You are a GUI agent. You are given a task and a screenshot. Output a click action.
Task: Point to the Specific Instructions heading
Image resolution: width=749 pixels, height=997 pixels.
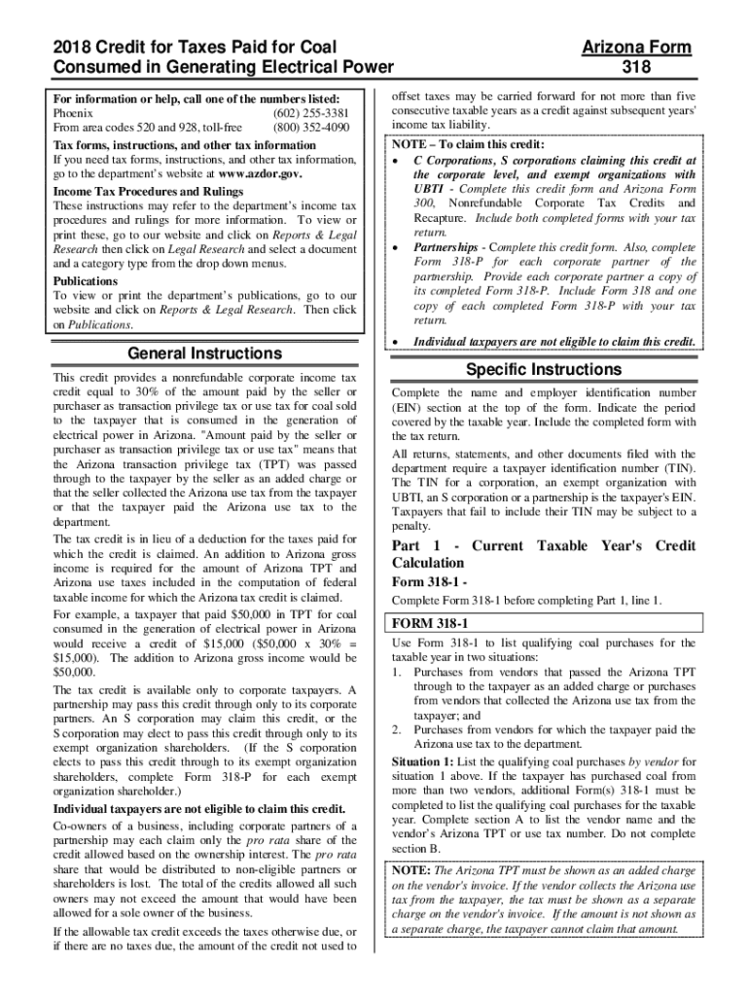click(x=543, y=370)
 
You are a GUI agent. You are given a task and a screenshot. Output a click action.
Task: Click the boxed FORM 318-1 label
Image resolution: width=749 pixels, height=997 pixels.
click(x=430, y=622)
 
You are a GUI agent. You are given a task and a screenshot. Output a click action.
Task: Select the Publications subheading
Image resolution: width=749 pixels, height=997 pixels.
click(x=86, y=280)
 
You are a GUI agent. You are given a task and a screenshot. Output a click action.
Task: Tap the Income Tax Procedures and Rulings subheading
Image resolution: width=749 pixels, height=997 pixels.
click(x=148, y=192)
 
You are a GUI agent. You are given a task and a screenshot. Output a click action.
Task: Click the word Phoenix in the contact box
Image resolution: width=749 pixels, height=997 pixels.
click(x=74, y=113)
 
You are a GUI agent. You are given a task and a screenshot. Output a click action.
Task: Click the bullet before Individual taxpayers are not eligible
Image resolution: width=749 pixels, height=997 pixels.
click(x=396, y=343)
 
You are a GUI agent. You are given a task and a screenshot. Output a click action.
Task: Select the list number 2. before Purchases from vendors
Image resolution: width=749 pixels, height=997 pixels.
click(x=397, y=729)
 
